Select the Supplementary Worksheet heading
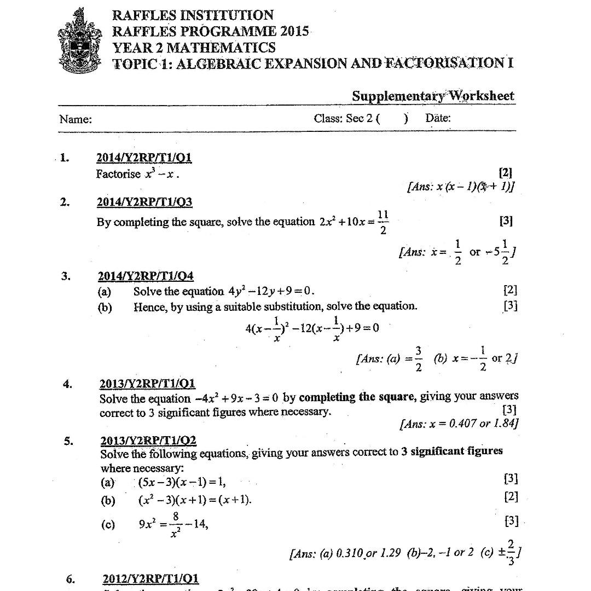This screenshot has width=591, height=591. click(433, 96)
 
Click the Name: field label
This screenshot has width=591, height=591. click(76, 119)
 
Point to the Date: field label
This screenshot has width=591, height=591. click(438, 118)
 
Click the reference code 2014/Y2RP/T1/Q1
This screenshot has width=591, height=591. click(144, 158)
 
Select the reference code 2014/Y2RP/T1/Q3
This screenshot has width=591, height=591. click(144, 202)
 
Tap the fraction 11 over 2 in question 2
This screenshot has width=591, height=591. click(383, 222)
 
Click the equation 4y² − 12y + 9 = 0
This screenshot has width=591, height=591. click(270, 291)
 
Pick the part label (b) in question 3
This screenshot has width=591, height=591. click(105, 307)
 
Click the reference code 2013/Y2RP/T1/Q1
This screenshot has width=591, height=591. click(147, 384)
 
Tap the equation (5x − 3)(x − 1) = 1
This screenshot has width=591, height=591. click(182, 482)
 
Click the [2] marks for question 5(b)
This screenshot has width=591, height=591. click(510, 497)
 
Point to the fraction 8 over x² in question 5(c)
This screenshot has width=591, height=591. click(175, 524)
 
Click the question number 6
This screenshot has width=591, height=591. click(69, 579)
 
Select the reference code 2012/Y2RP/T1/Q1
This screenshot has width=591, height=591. click(150, 579)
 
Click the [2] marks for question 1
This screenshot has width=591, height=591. click(506, 173)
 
